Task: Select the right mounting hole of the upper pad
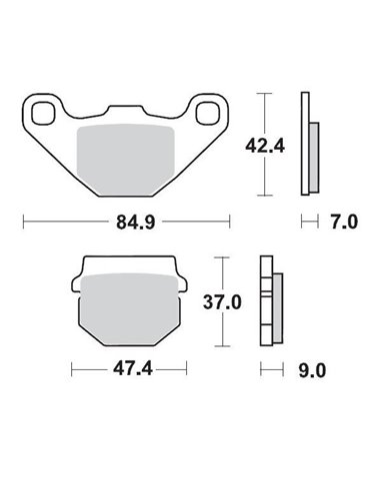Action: (x=211, y=111)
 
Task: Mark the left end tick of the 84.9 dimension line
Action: (x=23, y=218)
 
